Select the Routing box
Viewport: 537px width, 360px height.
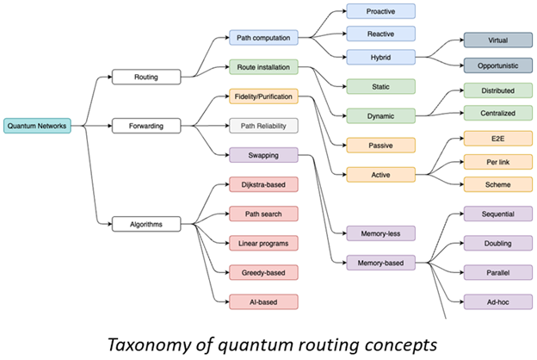coord(146,77)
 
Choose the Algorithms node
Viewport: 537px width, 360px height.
coord(146,225)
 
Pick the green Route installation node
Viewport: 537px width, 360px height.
coord(262,65)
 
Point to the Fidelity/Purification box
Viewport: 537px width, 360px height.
coord(262,97)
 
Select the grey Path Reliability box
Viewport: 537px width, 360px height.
coord(262,126)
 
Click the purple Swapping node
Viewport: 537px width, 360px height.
coord(262,155)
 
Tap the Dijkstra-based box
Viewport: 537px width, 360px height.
coord(262,183)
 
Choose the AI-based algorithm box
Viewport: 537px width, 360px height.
coord(262,301)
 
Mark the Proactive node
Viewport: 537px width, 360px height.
coord(380,11)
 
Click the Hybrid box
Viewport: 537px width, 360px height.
coord(380,57)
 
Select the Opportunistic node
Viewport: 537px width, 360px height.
coord(497,65)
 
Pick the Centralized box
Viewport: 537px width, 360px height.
coord(497,112)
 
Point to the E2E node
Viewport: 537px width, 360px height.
coord(497,138)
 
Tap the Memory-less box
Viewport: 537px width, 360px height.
coord(380,233)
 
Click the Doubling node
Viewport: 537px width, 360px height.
coord(497,243)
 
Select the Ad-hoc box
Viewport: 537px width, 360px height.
coord(497,301)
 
